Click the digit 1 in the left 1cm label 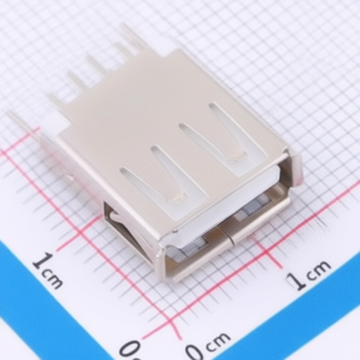coord(41,261)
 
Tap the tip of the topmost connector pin coord(122,25)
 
